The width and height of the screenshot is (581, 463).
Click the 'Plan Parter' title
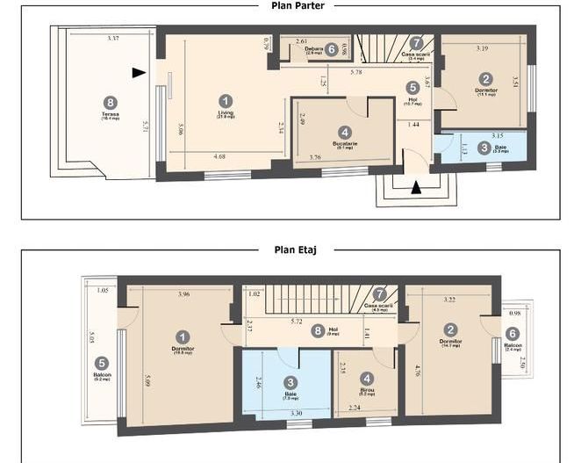(x=298, y=6)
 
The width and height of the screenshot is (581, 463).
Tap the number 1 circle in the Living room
(x=226, y=101)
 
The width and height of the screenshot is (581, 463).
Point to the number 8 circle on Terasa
(x=110, y=102)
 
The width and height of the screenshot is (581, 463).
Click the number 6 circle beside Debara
(x=331, y=50)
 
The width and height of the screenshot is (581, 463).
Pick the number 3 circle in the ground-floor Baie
(x=484, y=148)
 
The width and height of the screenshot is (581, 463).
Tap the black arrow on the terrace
(x=138, y=73)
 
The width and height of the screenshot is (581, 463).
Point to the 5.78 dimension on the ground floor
(x=356, y=71)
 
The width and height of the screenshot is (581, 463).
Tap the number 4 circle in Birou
(x=367, y=378)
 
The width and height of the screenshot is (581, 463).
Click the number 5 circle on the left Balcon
(x=102, y=362)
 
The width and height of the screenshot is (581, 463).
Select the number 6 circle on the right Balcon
(x=513, y=334)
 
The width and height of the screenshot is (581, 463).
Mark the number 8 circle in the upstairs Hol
(x=317, y=331)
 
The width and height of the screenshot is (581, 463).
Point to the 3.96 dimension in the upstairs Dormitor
(x=183, y=293)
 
